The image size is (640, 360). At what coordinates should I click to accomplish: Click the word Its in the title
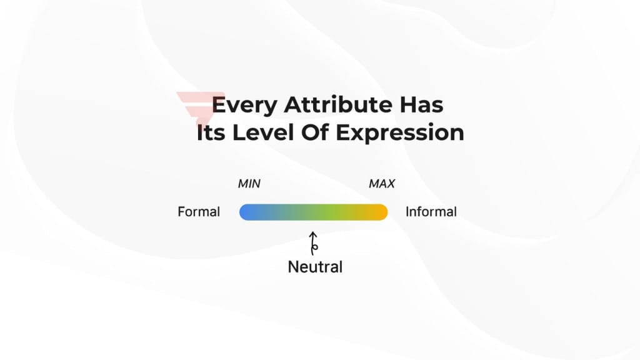tap(211, 133)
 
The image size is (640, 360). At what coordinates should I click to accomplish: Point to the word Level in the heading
tap(264, 133)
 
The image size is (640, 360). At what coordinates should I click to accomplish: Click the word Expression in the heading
tap(400, 134)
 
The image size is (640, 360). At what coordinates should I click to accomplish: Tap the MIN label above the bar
tap(249, 184)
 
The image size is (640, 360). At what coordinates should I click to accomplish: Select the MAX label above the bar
tap(381, 184)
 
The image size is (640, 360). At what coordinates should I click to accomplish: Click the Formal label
tap(199, 212)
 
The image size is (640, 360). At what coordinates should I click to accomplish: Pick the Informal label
tap(431, 212)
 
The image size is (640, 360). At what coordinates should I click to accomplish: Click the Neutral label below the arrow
tap(315, 267)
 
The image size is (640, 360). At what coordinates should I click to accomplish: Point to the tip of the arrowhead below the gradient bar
tap(313, 232)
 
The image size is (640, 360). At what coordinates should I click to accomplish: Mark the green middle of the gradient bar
tap(319, 212)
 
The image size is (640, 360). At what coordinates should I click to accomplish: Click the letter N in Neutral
tap(292, 267)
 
